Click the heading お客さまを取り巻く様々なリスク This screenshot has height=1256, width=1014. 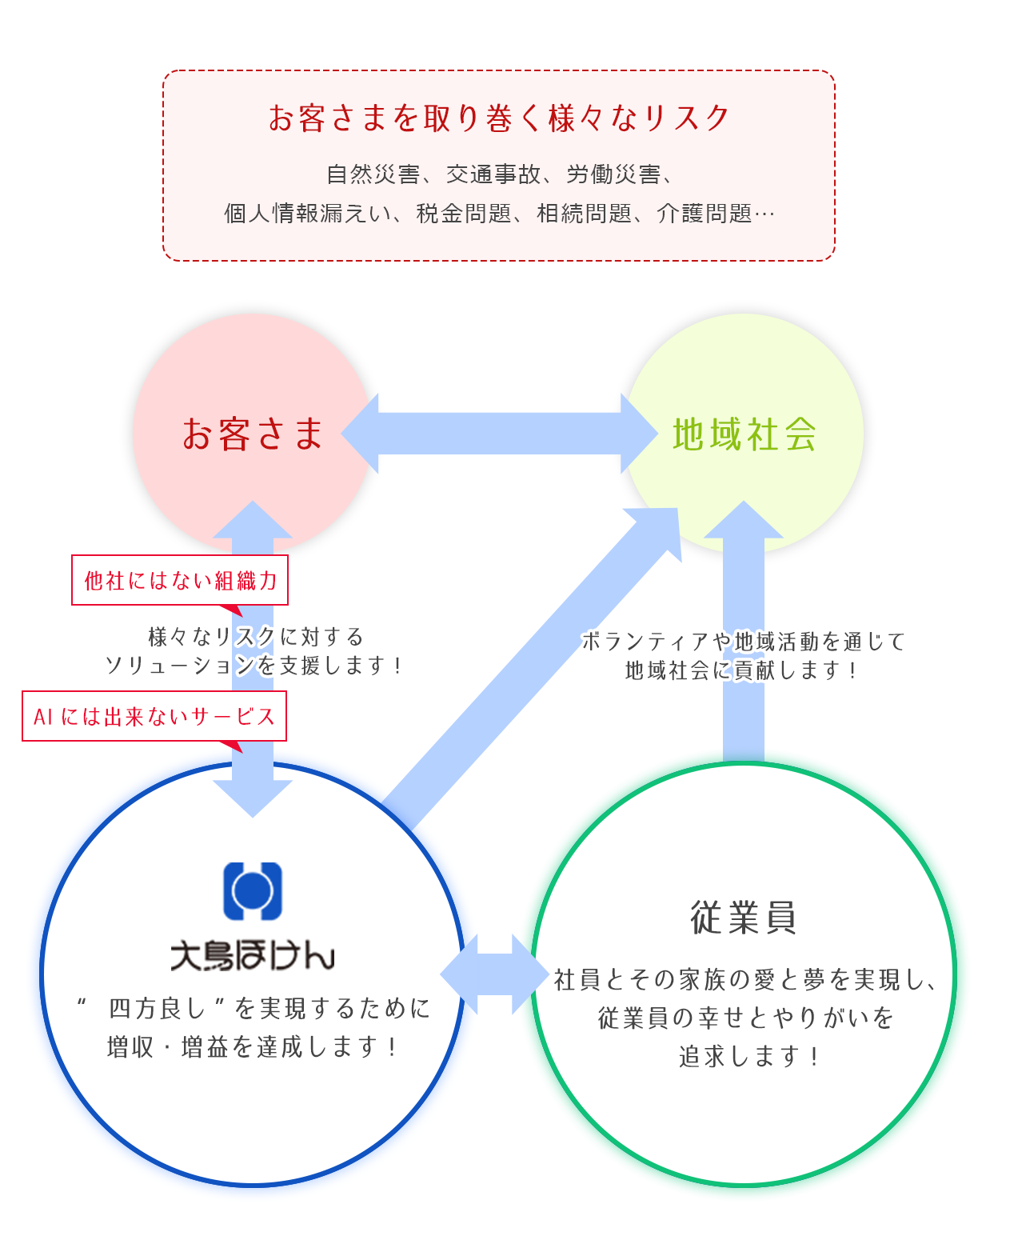(499, 118)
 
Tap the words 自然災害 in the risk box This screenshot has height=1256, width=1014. (373, 174)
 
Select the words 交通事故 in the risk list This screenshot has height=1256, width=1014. (493, 174)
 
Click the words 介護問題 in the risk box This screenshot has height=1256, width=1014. (704, 214)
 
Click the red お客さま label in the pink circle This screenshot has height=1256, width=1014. (252, 434)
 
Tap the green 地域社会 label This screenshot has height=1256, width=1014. (744, 434)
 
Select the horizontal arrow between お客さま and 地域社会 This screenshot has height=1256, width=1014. (499, 434)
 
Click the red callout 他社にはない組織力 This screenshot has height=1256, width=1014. (180, 580)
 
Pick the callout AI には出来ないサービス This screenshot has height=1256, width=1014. (154, 716)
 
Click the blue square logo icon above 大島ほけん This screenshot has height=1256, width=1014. (253, 890)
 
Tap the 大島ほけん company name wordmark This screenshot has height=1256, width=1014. (253, 955)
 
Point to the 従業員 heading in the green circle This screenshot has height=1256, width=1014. (744, 917)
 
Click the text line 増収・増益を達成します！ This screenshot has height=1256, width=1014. (253, 1046)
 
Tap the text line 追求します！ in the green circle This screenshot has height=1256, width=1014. (749, 1056)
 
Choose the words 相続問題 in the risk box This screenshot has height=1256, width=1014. (584, 214)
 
